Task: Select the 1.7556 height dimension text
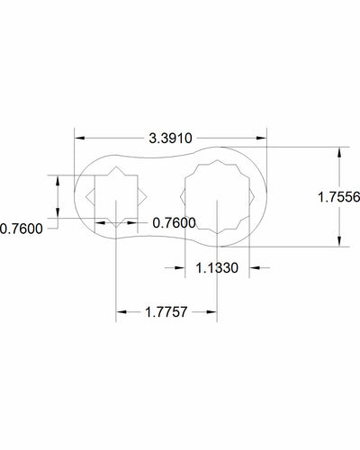(x=337, y=196)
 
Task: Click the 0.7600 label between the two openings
(x=174, y=221)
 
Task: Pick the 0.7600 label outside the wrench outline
(x=21, y=229)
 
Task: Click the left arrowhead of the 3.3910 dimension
(x=79, y=138)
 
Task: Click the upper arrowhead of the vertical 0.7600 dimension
(x=58, y=179)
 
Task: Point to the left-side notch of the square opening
(x=90, y=195)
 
